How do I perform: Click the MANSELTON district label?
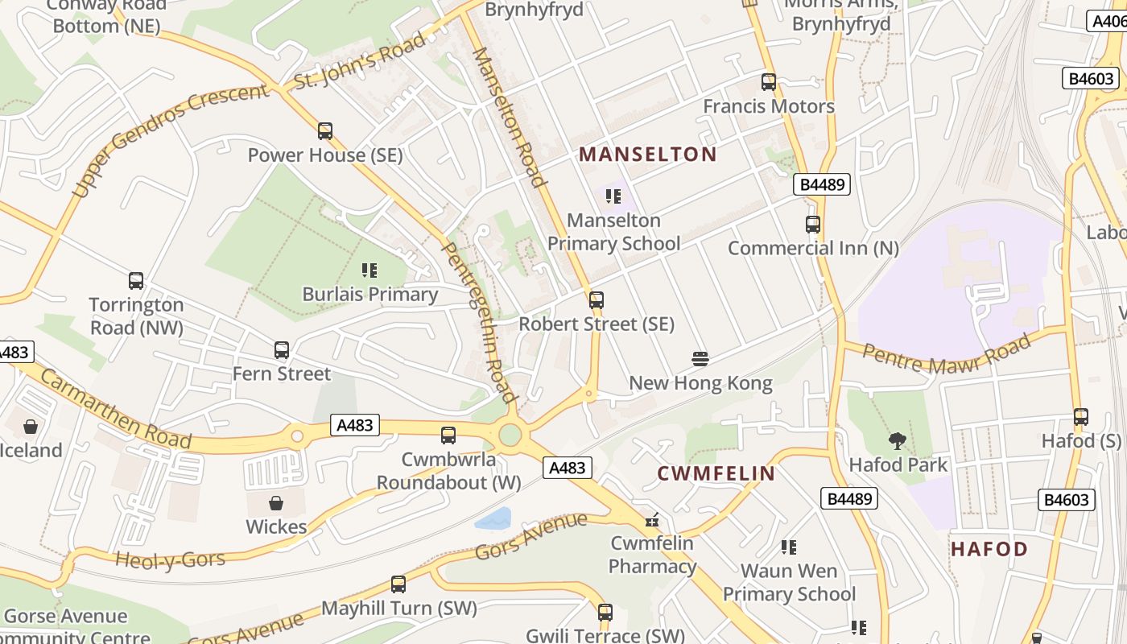point(647,154)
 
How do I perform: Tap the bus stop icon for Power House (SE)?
point(325,130)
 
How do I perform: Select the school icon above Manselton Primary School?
point(613,196)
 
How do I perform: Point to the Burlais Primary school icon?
point(369,270)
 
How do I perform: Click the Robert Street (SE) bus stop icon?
point(597,300)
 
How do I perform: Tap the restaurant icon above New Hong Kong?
point(700,358)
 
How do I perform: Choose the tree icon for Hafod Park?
point(898,440)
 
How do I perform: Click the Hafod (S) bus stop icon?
point(1081,417)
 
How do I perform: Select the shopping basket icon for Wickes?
point(276,503)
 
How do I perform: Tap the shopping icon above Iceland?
point(31,426)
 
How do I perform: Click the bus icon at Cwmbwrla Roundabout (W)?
point(448,436)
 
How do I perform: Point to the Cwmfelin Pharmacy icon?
point(653,519)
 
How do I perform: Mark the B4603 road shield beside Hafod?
point(1067,500)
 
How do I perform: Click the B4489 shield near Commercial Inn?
point(823,184)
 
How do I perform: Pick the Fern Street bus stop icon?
point(282,350)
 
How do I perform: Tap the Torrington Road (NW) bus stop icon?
point(136,281)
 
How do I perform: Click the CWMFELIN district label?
point(716,473)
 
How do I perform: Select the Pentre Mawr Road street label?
point(947,355)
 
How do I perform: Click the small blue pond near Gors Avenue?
point(493,518)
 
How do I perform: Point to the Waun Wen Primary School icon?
point(789,547)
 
